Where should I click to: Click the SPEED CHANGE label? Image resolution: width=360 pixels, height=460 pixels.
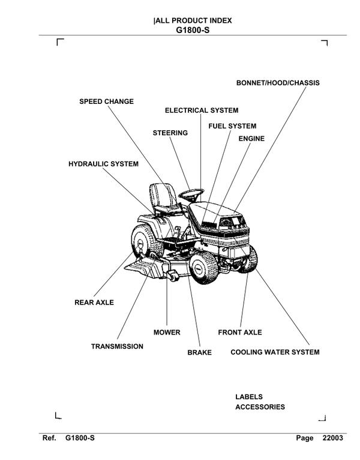pyautogui.click(x=107, y=101)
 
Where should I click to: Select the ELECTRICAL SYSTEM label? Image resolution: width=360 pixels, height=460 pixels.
pyautogui.click(x=202, y=110)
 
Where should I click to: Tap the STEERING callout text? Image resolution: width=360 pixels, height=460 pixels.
pyautogui.click(x=170, y=132)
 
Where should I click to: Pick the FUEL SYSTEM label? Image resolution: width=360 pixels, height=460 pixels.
pyautogui.click(x=232, y=126)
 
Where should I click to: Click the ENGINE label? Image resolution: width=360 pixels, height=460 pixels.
pyautogui.click(x=251, y=139)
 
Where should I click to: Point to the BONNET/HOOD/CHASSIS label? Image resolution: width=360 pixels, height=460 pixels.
pyautogui.click(x=278, y=83)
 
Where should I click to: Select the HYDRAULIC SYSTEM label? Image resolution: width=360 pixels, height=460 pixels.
pyautogui.click(x=103, y=164)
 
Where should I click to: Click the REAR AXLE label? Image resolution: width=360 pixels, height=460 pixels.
pyautogui.click(x=94, y=303)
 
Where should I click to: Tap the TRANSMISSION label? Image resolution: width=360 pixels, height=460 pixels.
pyautogui.click(x=117, y=347)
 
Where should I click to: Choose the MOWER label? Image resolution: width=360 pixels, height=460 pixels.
pyautogui.click(x=167, y=332)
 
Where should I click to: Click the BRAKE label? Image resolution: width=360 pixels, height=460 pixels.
pyautogui.click(x=199, y=353)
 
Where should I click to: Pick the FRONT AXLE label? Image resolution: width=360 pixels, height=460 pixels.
pyautogui.click(x=240, y=332)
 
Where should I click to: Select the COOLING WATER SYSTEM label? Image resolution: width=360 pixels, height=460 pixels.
pyautogui.click(x=275, y=352)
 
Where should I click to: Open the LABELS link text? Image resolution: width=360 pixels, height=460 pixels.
pyautogui.click(x=249, y=397)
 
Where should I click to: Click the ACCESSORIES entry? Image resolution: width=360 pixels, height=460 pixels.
pyautogui.click(x=260, y=407)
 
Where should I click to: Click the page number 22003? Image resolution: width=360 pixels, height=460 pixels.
pyautogui.click(x=332, y=438)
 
